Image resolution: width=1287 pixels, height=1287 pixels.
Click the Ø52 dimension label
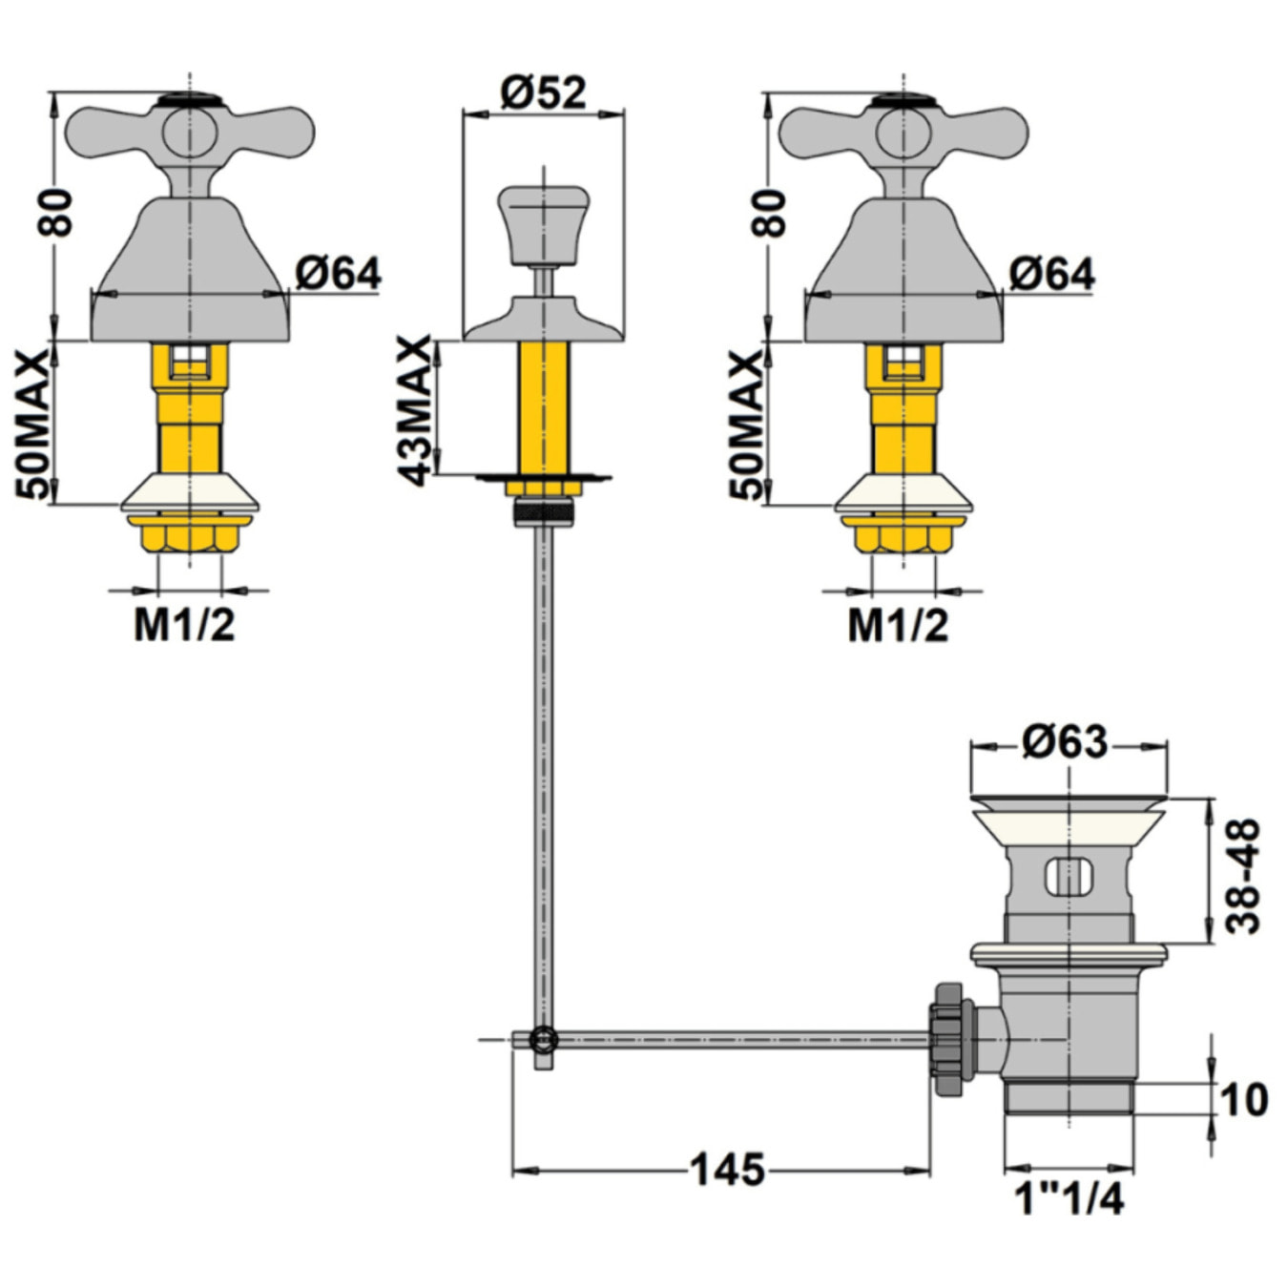pyautogui.click(x=542, y=93)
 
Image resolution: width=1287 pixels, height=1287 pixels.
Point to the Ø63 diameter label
pyautogui.click(x=1065, y=741)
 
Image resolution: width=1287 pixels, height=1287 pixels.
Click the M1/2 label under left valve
pyautogui.click(x=184, y=626)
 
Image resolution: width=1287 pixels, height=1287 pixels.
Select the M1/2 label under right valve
pyautogui.click(x=898, y=626)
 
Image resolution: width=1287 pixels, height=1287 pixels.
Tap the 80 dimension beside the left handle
pyautogui.click(x=54, y=213)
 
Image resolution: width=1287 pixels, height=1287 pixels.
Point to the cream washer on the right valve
pyautogui.click(x=903, y=493)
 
